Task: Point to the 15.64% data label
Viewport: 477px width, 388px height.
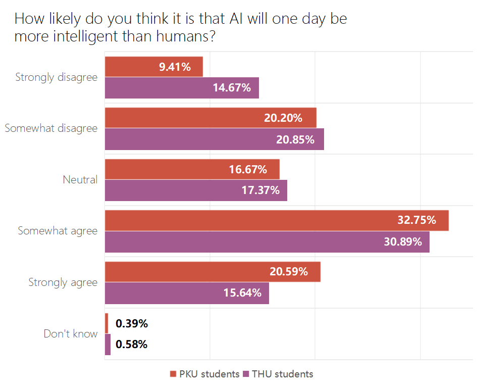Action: (242, 293)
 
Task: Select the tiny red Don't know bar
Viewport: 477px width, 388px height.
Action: (107, 323)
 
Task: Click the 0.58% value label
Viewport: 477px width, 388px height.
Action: (131, 345)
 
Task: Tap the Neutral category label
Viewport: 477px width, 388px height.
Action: (80, 179)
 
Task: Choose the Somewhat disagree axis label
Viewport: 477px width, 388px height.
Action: (51, 128)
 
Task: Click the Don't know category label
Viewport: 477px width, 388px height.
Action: (70, 333)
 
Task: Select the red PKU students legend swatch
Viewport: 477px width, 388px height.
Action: (173, 374)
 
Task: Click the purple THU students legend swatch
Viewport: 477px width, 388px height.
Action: (246, 374)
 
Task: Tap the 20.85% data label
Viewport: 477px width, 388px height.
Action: (295, 139)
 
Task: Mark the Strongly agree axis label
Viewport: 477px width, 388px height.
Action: (63, 282)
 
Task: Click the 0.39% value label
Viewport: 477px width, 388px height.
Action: (131, 323)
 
